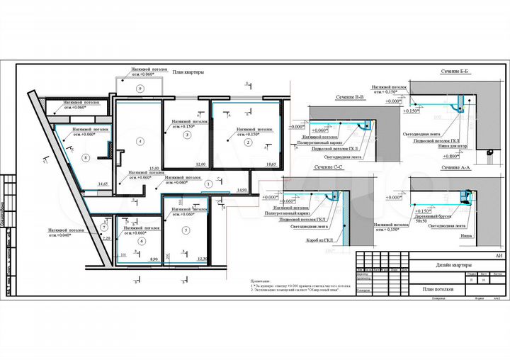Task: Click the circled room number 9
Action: point(140,87)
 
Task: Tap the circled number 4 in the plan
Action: point(140,142)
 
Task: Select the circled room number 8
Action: point(85,157)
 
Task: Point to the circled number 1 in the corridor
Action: point(208,183)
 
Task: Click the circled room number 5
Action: point(186,230)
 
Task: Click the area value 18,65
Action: point(270,164)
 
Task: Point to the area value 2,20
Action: point(106,239)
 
